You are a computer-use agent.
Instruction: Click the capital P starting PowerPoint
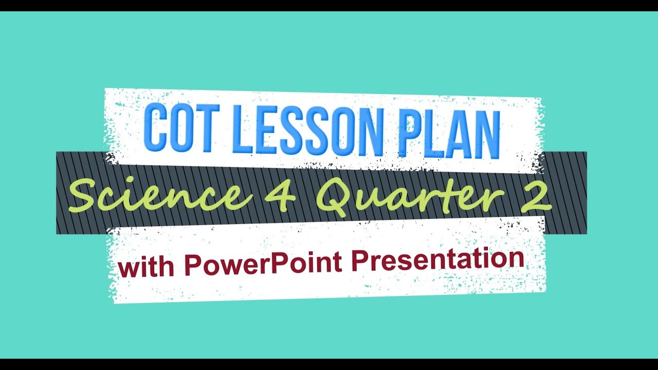(x=192, y=265)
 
